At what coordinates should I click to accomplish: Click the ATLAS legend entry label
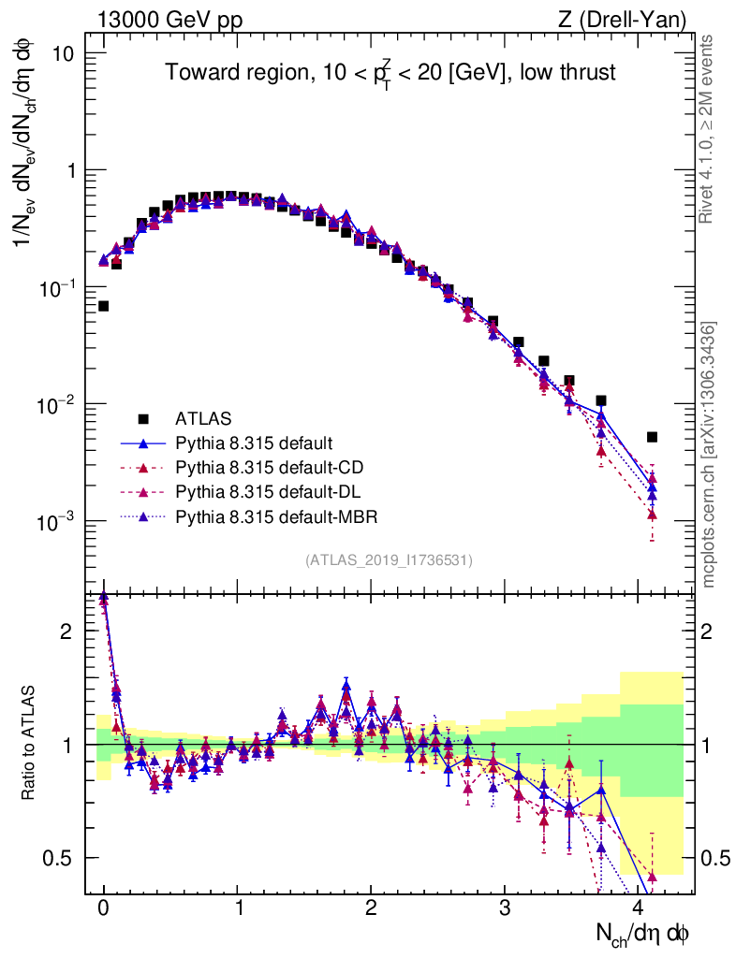click(x=203, y=417)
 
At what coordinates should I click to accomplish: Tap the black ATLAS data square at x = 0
click(x=104, y=306)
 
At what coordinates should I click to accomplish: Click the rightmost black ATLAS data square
click(x=652, y=437)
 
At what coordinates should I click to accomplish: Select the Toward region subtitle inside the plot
click(x=390, y=73)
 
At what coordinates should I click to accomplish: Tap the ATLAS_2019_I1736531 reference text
click(x=389, y=560)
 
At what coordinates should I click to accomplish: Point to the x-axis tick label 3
click(x=505, y=907)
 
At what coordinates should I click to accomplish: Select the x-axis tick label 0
click(x=103, y=907)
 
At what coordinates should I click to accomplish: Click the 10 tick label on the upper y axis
click(x=64, y=53)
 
